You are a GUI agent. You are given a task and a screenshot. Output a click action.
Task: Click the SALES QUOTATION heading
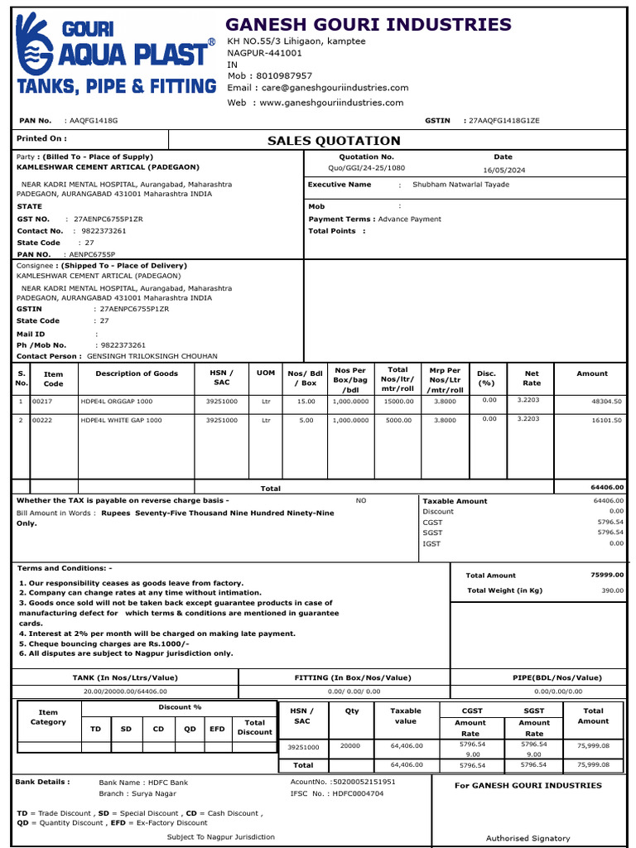pos(334,141)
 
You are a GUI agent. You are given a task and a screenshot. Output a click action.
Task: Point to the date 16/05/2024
pos(504,169)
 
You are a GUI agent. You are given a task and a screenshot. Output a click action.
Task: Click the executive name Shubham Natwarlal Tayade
pos(460,185)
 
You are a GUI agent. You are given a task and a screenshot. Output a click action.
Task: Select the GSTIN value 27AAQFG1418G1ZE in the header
pos(503,121)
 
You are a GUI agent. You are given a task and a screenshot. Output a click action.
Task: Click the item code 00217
pos(42,401)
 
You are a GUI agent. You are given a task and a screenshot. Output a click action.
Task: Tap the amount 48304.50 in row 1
pos(606,401)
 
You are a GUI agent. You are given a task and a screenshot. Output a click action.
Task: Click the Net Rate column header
pos(532,378)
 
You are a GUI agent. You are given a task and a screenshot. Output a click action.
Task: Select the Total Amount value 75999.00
pos(606,575)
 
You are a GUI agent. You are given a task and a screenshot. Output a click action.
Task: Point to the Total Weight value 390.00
pos(612,590)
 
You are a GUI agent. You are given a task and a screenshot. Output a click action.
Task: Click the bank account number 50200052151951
pos(364,781)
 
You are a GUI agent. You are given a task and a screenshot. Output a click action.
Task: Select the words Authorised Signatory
pos(528,838)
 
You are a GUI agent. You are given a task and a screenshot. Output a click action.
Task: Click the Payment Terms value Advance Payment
pos(410,219)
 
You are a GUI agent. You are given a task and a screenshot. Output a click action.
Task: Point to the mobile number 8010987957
pos(282,75)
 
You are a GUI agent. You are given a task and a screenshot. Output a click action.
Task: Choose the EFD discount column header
pos(218,729)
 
